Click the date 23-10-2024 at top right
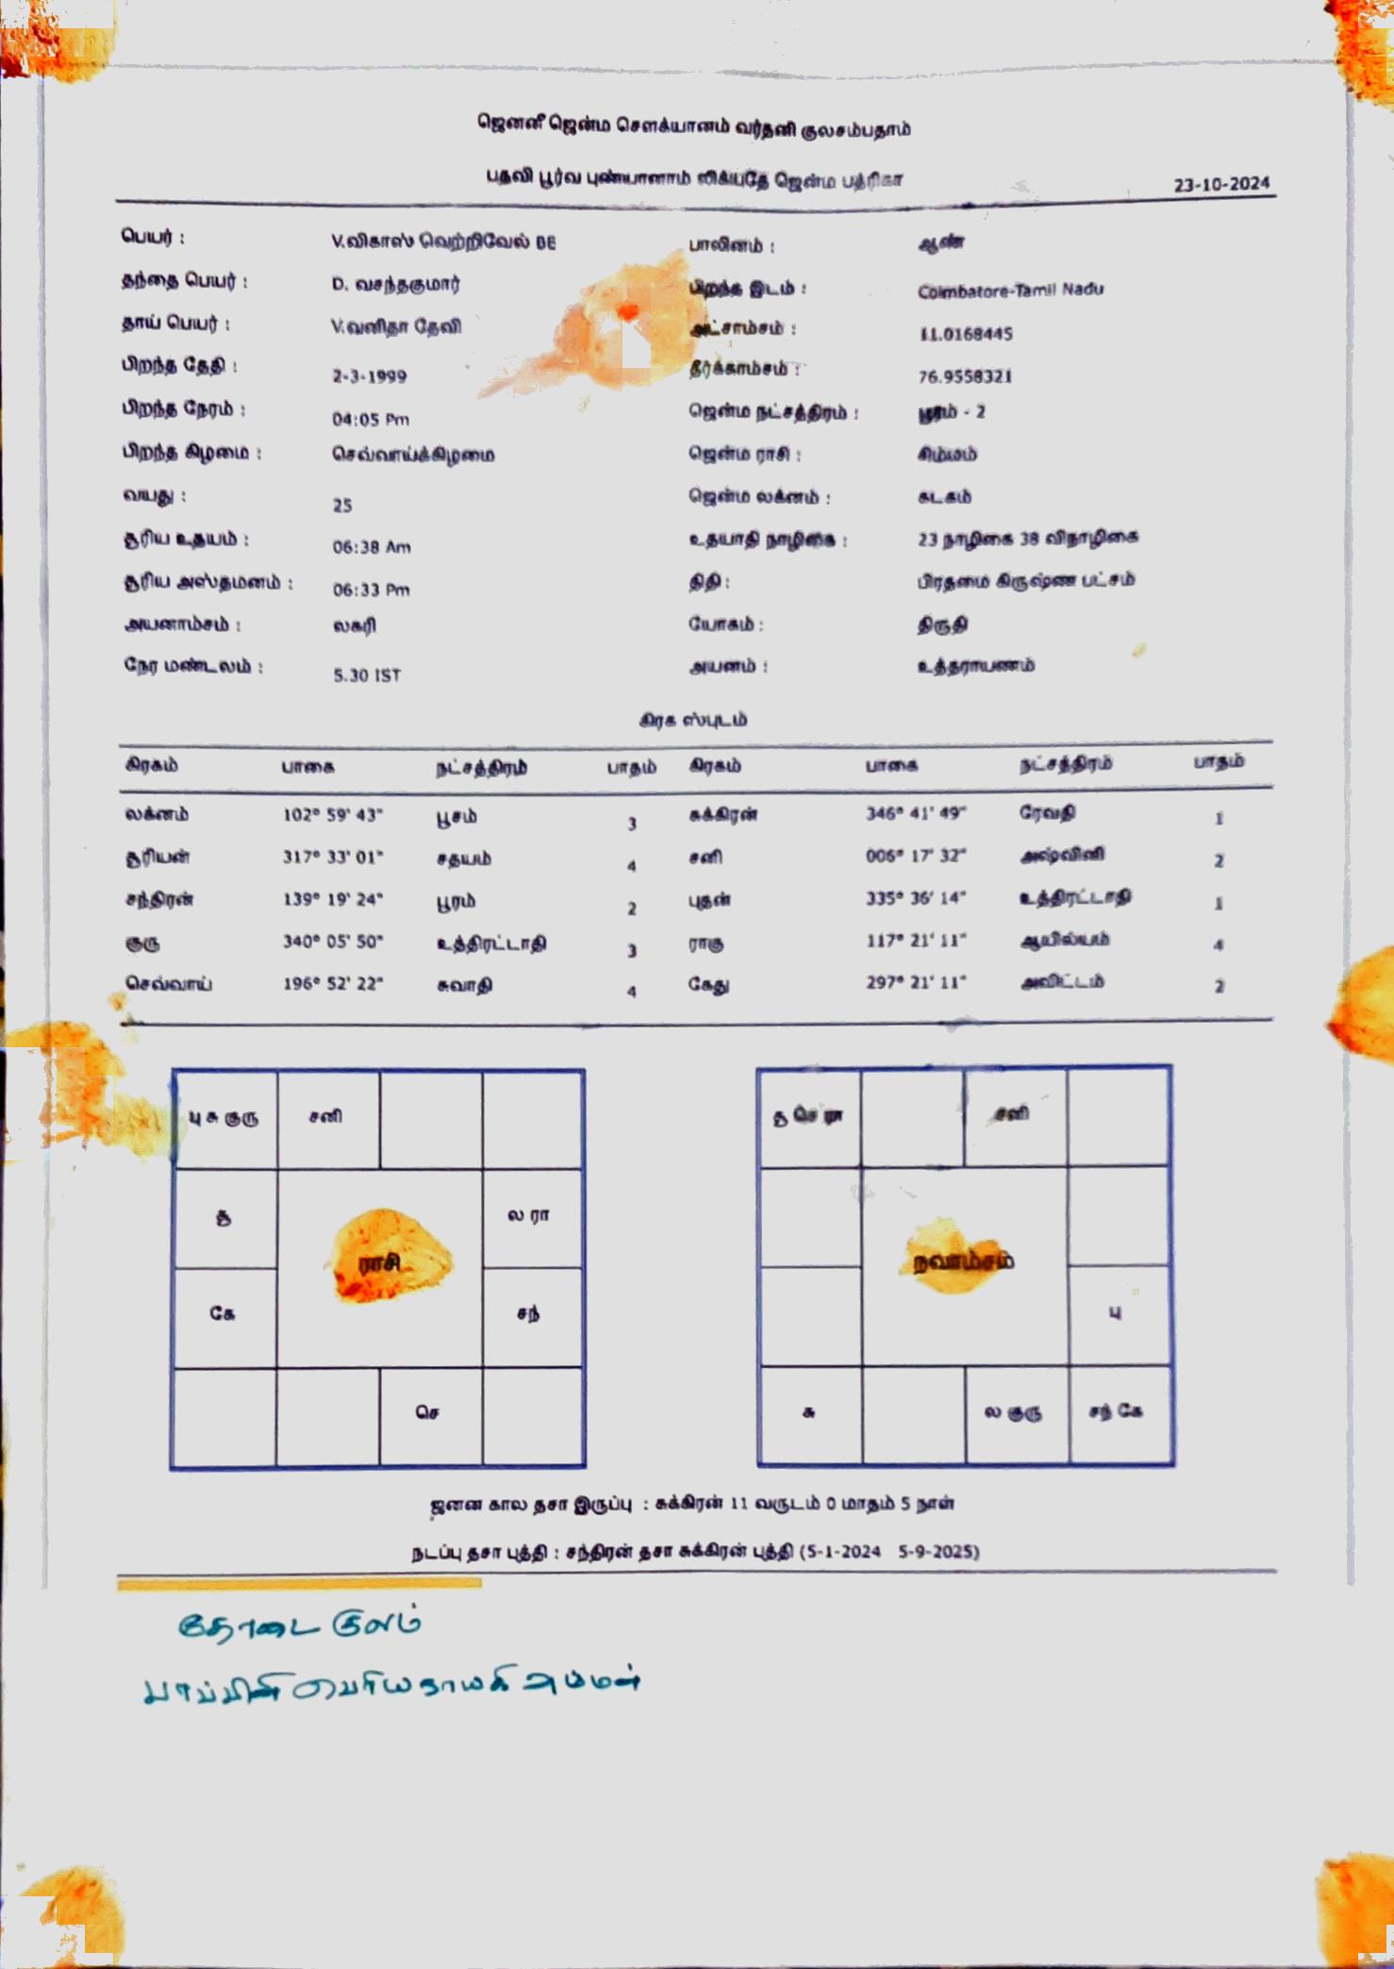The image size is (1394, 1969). pyautogui.click(x=1221, y=184)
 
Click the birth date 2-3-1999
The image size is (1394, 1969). pyautogui.click(x=369, y=376)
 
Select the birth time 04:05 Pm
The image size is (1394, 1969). pyautogui.click(x=370, y=419)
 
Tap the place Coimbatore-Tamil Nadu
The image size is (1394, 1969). pyautogui.click(x=1010, y=290)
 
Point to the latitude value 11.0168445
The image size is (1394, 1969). pyautogui.click(x=965, y=334)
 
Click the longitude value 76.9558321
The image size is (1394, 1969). pyautogui.click(x=965, y=376)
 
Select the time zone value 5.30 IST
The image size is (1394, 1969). pyautogui.click(x=367, y=676)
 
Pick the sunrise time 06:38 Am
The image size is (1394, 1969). pyautogui.click(x=371, y=547)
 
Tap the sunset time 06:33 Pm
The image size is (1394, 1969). pyautogui.click(x=371, y=590)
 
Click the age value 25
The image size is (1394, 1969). pyautogui.click(x=341, y=506)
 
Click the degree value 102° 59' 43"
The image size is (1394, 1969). pyautogui.click(x=332, y=815)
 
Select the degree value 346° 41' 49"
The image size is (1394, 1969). pyautogui.click(x=915, y=813)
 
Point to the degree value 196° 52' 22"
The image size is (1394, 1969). pyautogui.click(x=332, y=984)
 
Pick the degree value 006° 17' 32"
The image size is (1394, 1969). pyautogui.click(x=915, y=856)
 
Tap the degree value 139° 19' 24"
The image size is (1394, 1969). pyautogui.click(x=332, y=899)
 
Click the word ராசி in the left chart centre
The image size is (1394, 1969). pyautogui.click(x=379, y=1262)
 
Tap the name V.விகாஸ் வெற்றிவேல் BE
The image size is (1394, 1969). pyautogui.click(x=443, y=242)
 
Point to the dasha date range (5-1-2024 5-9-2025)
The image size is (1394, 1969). pyautogui.click(x=888, y=1551)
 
